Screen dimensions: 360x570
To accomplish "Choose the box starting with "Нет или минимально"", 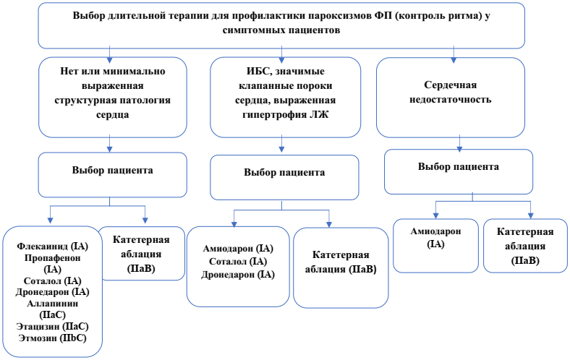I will coord(111,98).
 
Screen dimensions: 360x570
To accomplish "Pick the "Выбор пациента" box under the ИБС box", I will coord(284,173).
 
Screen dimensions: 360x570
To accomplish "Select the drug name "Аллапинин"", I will coord(51,304).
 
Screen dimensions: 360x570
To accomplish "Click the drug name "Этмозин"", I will coord(41,338).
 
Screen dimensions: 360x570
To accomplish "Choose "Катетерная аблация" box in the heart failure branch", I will coord(525,246).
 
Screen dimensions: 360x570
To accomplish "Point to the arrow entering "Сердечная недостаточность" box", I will coord(454,54).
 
